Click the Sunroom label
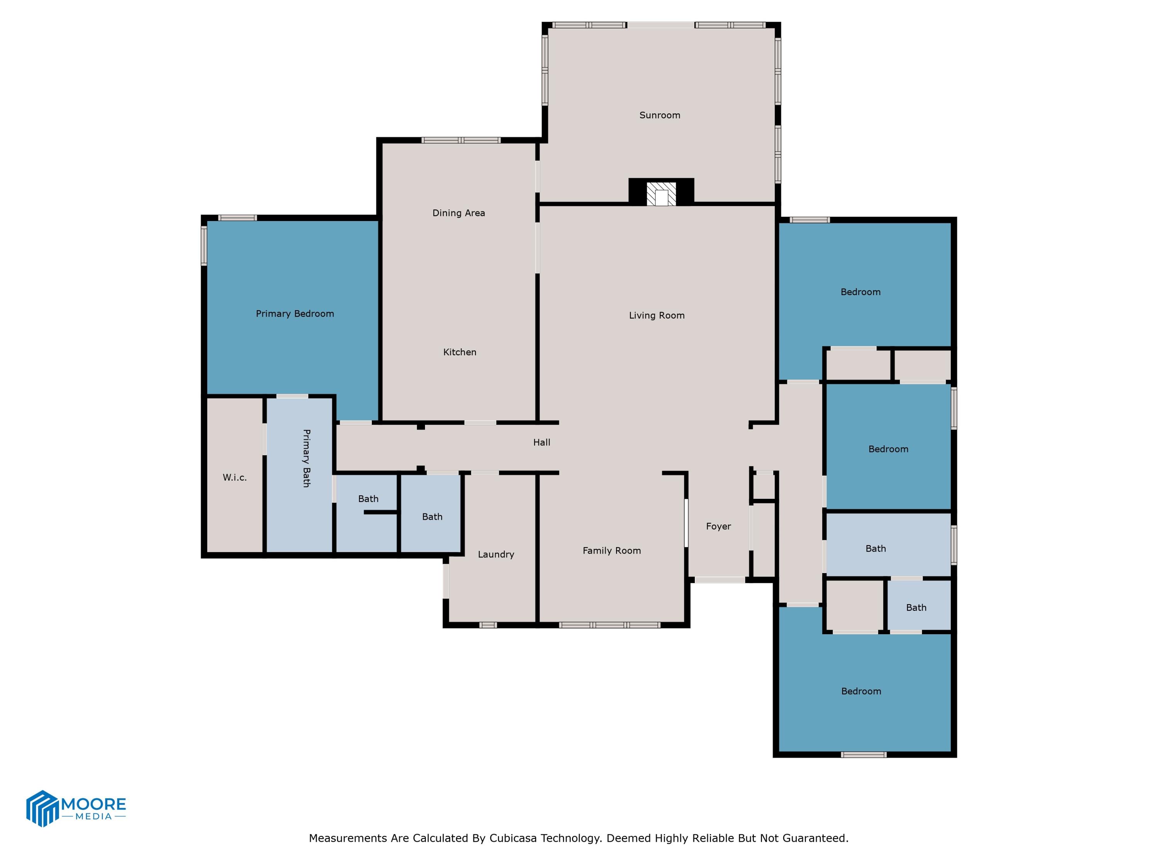pyautogui.click(x=660, y=115)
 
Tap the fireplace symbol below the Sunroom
pyautogui.click(x=661, y=194)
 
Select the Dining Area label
pyautogui.click(x=459, y=213)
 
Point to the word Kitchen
pyautogui.click(x=460, y=352)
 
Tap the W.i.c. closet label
pyautogui.click(x=235, y=477)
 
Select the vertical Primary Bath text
pyautogui.click(x=306, y=458)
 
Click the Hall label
pyautogui.click(x=541, y=442)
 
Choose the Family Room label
pyautogui.click(x=611, y=551)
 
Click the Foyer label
pyautogui.click(x=718, y=526)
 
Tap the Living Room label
pyautogui.click(x=657, y=316)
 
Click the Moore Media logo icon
pyautogui.click(x=42, y=808)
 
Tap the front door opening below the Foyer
pyautogui.click(x=720, y=580)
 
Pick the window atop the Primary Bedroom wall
pyautogui.click(x=237, y=218)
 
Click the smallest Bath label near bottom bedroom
pyautogui.click(x=916, y=608)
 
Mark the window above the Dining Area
pyautogui.click(x=460, y=140)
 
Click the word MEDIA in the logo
pyautogui.click(x=94, y=816)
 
